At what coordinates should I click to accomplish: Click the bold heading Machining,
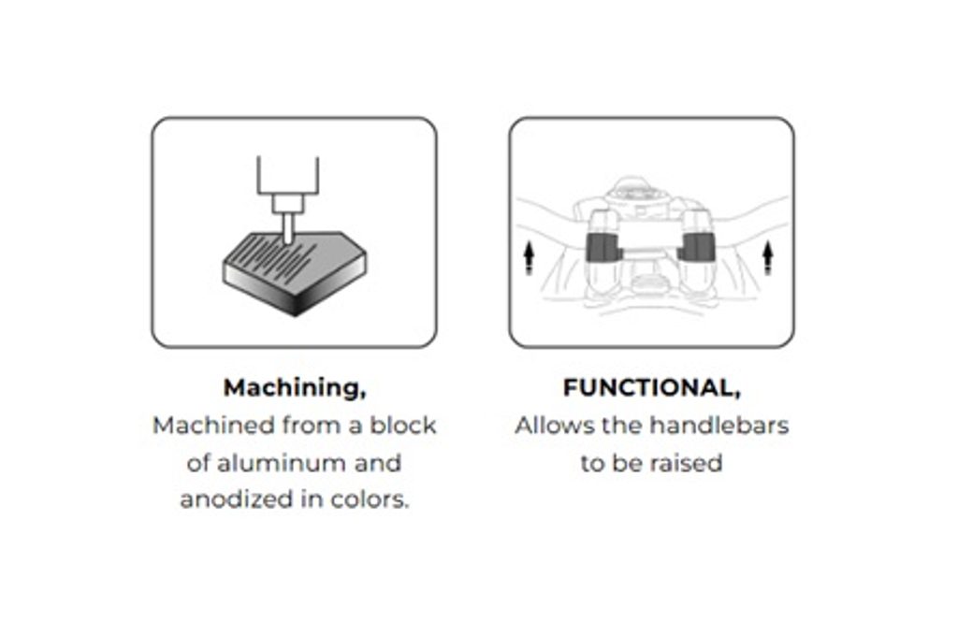(x=295, y=388)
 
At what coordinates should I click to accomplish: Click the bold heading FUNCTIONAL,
(x=651, y=388)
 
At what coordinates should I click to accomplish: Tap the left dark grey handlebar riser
(x=602, y=246)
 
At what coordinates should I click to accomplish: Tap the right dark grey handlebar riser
(x=695, y=247)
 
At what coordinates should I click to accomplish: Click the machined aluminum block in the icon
(x=295, y=273)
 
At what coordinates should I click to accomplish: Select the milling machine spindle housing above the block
(x=288, y=183)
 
